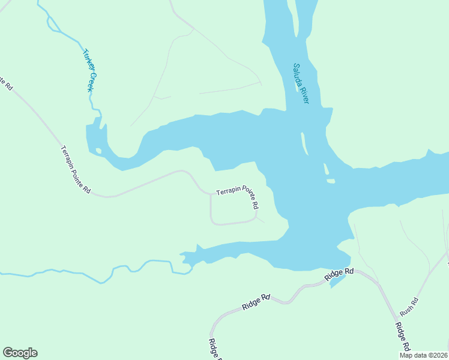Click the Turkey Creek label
pos(89,70)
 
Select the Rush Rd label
pos(409,307)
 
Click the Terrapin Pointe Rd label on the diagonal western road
pos(76,170)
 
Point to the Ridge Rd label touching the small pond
pos(340,274)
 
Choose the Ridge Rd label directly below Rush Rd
pos(402,337)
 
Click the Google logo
pos(20,353)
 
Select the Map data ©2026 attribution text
pos(423,355)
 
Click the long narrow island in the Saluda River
pos(304,143)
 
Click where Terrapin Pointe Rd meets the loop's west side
pos(211,194)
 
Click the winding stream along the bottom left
pos(90,276)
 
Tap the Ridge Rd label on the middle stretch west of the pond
pos(257,302)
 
